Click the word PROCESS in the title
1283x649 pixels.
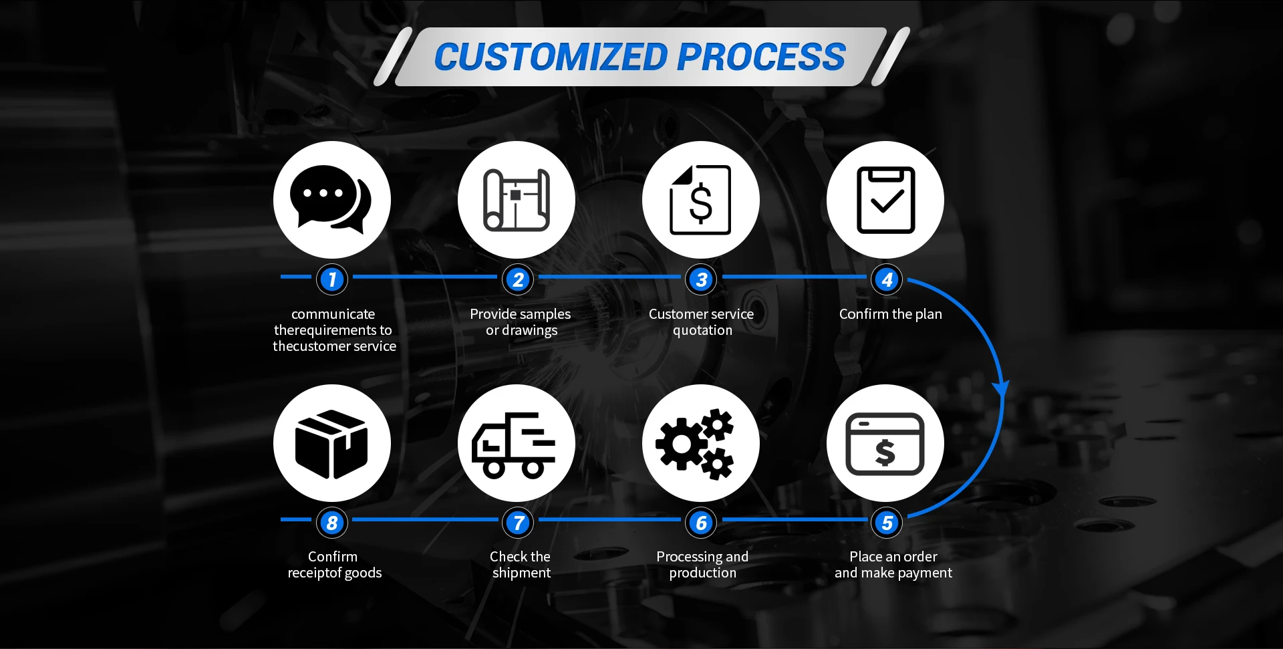click(761, 57)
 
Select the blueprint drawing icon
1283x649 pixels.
click(516, 200)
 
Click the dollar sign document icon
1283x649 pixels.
click(700, 200)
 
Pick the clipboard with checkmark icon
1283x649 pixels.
click(885, 200)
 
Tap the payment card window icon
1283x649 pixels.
click(885, 443)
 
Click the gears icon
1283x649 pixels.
click(695, 443)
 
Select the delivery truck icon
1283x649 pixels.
click(513, 444)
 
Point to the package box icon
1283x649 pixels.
click(331, 444)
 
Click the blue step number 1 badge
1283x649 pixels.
click(332, 279)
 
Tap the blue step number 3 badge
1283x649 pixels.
click(701, 279)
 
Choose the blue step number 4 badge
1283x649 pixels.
click(887, 279)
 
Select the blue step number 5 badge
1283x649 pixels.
click(887, 523)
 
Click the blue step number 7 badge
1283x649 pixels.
click(518, 523)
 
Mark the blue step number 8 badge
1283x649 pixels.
click(332, 523)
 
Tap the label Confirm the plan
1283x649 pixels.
click(890, 314)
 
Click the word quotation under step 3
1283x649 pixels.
click(702, 330)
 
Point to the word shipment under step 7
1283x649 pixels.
click(521, 573)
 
